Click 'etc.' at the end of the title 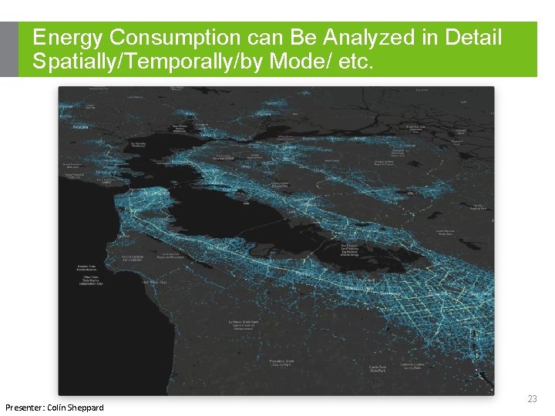[354, 62]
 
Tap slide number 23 [531, 399]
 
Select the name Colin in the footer [66, 407]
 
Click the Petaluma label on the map [80, 127]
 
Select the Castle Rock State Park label [377, 369]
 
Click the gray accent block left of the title [9, 49]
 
